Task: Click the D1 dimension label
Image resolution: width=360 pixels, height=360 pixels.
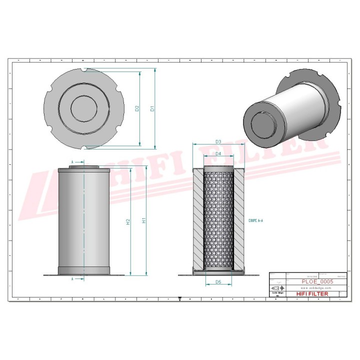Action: click(x=152, y=108)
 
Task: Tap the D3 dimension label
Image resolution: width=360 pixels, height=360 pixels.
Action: click(x=218, y=142)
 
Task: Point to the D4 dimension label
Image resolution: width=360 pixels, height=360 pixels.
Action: click(x=218, y=153)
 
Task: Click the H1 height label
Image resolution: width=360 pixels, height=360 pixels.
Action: click(x=144, y=220)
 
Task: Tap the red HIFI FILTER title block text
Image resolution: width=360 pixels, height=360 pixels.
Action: click(x=312, y=294)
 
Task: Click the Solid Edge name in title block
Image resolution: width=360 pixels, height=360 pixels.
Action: click(x=277, y=293)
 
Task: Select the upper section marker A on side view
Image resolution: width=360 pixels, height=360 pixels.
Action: click(x=72, y=162)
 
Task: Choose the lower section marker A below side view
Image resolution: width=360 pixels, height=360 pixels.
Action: click(x=72, y=278)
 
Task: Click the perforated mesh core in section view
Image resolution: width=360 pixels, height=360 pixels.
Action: click(x=218, y=220)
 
